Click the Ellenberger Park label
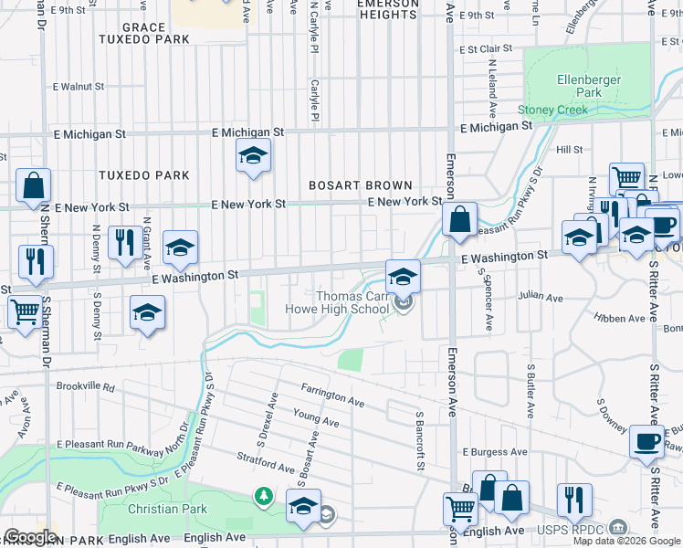[x=589, y=86]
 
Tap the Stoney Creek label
[x=552, y=111]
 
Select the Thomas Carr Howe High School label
[x=352, y=302]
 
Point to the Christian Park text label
[x=167, y=509]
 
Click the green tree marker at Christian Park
[x=264, y=496]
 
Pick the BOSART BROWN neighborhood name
[x=361, y=184]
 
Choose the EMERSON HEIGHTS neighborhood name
[x=387, y=9]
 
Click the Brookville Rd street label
[x=85, y=387]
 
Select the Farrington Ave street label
[x=332, y=395]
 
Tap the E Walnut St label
[x=79, y=87]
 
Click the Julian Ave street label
[x=540, y=297]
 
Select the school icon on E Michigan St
[x=253, y=155]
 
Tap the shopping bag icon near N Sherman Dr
[x=33, y=186]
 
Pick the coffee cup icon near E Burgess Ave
[x=647, y=442]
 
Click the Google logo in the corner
[x=30, y=537]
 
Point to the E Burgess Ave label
[x=495, y=452]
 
